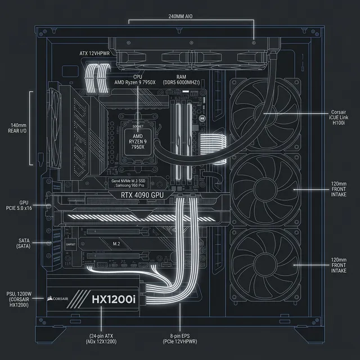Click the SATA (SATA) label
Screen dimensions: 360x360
point(24,243)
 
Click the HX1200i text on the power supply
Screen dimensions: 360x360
point(114,299)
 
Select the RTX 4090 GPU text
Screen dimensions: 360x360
point(143,195)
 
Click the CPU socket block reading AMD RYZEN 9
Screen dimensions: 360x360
point(138,139)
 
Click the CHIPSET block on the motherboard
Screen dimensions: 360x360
point(71,244)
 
